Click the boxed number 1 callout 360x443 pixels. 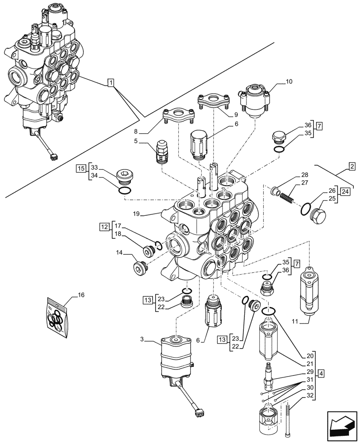111,82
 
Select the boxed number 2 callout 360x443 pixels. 352,167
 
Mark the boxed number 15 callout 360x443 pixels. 80,168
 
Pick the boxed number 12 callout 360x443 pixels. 103,227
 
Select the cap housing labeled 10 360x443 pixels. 254,101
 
